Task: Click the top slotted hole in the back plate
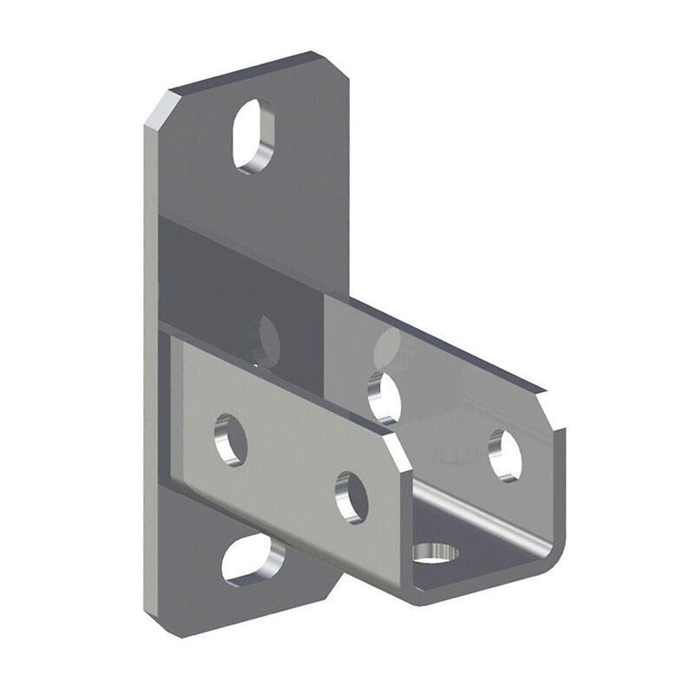click(x=253, y=137)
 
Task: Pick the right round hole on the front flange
click(x=350, y=497)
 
